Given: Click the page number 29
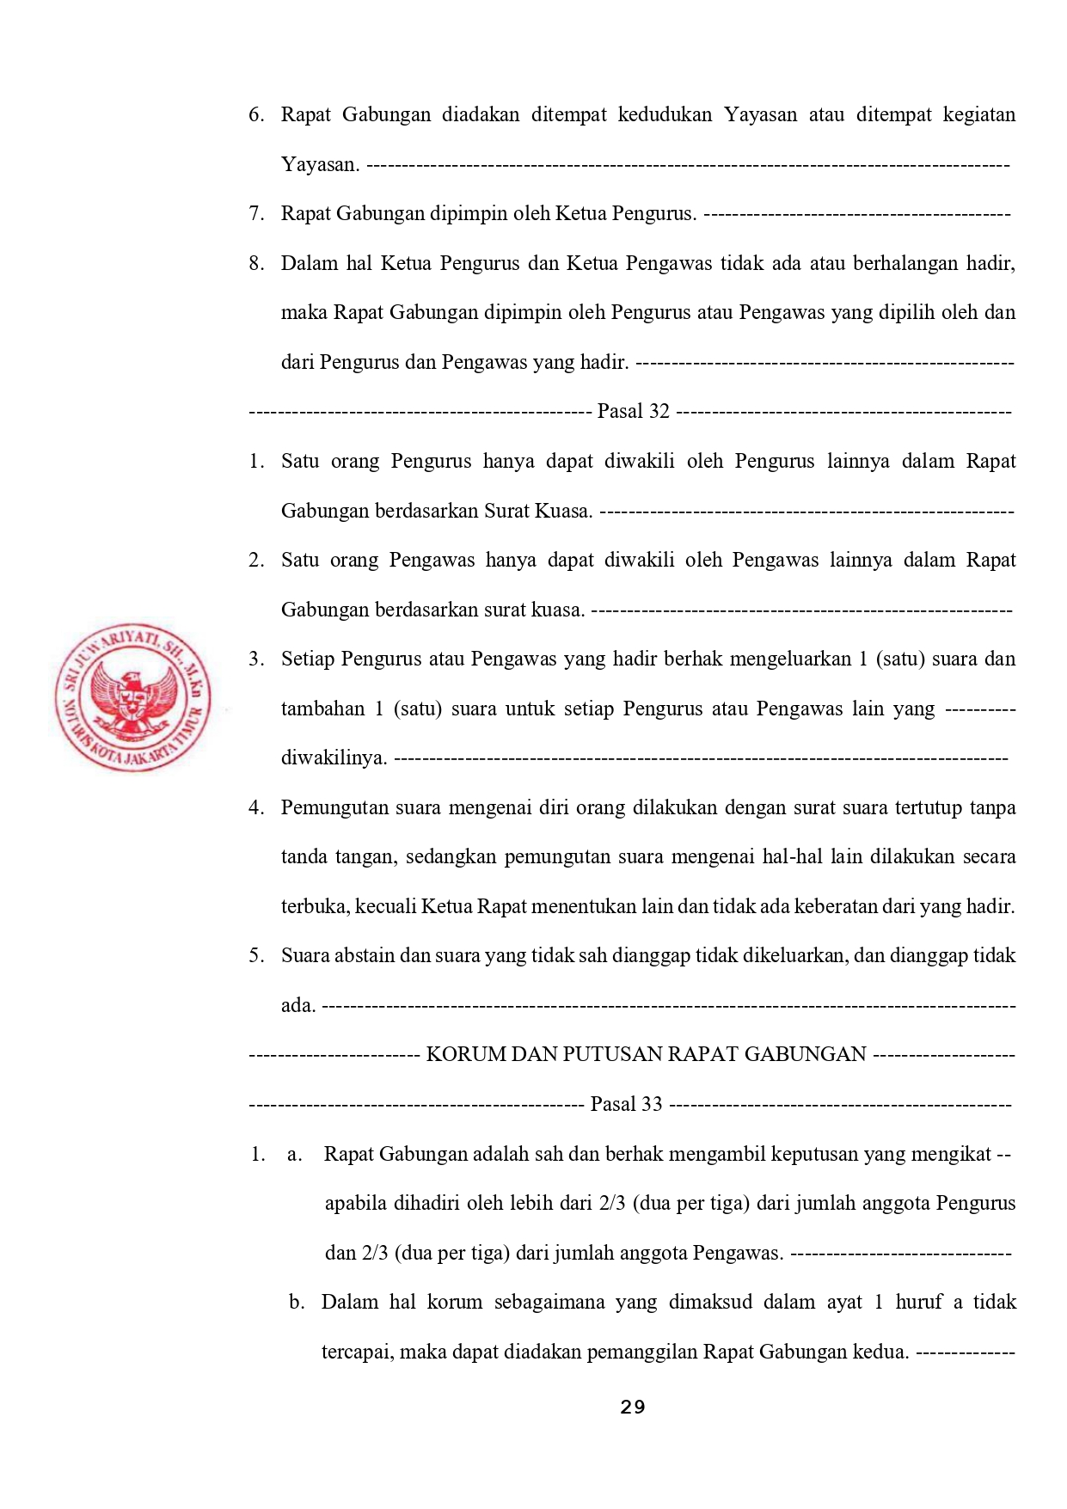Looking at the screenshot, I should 632,1408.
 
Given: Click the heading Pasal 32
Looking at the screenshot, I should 633,411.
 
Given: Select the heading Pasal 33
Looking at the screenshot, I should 626,1104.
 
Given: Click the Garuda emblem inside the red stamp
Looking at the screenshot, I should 132,701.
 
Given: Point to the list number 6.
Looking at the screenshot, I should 256,114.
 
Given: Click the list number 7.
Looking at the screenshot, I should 256,213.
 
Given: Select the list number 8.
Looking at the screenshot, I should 256,263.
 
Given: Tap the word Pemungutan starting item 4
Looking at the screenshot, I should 334,807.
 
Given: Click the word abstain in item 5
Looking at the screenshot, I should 365,955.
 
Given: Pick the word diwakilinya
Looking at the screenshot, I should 334,758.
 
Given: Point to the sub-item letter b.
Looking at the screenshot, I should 297,1302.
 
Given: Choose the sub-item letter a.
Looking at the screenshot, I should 295,1154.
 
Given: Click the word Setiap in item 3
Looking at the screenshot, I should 307,659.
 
